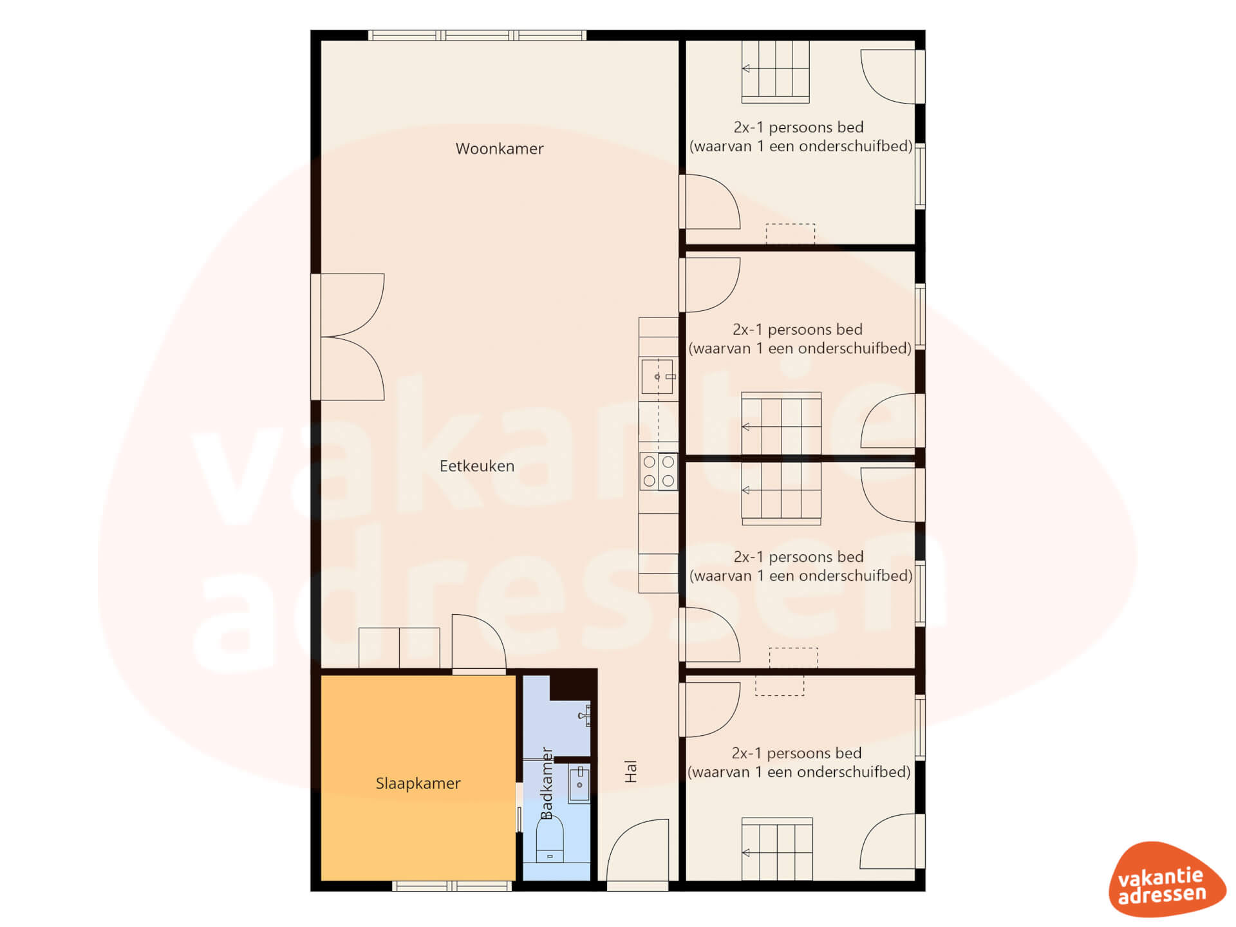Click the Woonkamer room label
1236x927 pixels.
500,149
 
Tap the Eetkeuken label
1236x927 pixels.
477,466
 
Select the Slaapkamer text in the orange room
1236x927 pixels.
418,783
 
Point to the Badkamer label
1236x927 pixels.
547,783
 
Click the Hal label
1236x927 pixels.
631,771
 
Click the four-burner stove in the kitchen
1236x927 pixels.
659,471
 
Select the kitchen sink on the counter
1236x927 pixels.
658,377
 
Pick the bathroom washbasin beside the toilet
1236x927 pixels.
579,783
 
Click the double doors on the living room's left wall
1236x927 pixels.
348,337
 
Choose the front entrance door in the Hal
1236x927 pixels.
638,853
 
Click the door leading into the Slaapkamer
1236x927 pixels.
479,643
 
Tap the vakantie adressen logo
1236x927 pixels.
1166,879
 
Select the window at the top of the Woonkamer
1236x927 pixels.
477,35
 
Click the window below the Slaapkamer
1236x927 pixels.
452,886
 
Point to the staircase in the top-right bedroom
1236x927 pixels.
776,71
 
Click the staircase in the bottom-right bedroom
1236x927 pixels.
777,849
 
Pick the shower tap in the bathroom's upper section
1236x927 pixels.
585,715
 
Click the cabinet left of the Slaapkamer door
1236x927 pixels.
399,648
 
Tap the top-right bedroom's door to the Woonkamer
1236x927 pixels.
709,201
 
